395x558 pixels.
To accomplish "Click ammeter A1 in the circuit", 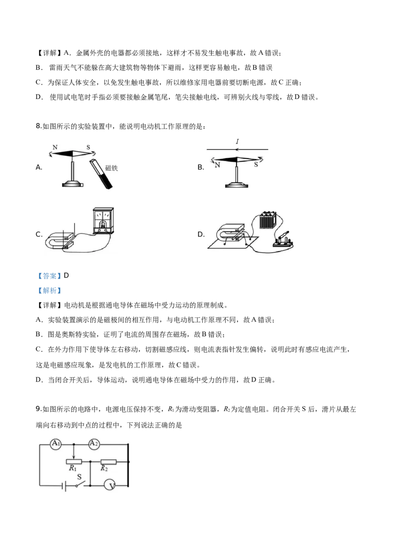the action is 56,444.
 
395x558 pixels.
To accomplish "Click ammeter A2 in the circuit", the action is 93,444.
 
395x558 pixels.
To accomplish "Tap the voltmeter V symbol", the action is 110,485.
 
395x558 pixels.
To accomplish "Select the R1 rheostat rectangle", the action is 74,461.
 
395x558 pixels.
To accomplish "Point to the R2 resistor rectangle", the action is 108,461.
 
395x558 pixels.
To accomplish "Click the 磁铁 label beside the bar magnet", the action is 111,168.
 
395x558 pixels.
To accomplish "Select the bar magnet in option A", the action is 101,174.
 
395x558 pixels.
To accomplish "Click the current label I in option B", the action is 237,141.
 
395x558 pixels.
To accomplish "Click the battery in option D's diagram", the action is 267,221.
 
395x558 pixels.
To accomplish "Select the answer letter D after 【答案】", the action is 66,276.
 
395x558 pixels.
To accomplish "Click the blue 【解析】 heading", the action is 49,290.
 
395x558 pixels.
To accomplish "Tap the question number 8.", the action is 39,126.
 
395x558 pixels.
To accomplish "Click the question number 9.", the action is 39,409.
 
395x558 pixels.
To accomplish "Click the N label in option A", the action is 55,147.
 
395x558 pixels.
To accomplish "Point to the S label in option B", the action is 256,165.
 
